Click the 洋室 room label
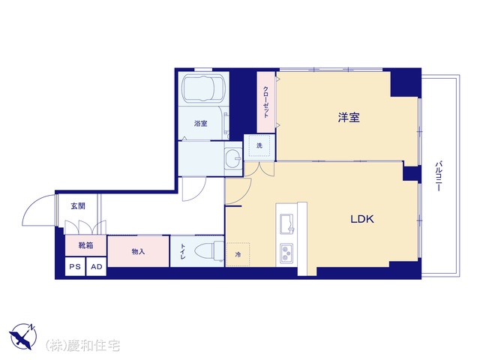(349, 118)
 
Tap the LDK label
(361, 219)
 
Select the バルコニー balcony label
(438, 176)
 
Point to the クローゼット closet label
(265, 103)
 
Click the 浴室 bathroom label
(200, 124)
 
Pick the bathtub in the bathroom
(203, 88)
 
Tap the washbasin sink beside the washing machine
(233, 158)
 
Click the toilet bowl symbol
(210, 251)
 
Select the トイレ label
(183, 252)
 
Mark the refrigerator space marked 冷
(238, 254)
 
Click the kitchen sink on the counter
(286, 223)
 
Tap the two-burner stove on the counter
(286, 253)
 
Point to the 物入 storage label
(138, 252)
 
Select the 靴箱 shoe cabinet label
(85, 245)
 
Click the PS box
(75, 267)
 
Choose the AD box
(97, 267)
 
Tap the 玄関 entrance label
(78, 206)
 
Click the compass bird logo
(23, 336)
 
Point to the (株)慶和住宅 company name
(82, 346)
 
